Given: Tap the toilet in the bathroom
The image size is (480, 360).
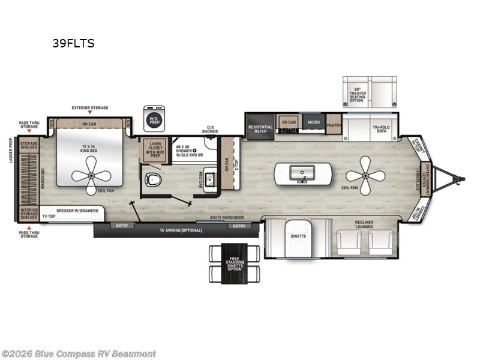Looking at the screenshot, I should pyautogui.click(x=155, y=178).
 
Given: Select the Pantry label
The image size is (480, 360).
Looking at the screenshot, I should pyautogui.click(x=334, y=127).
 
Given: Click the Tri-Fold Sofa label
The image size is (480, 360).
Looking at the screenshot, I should pyautogui.click(x=380, y=130).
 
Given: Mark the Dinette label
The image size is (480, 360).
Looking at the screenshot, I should pyautogui.click(x=299, y=236).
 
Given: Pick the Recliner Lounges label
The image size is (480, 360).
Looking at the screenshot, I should pyautogui.click(x=364, y=224).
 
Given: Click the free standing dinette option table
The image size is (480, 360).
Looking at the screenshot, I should pyautogui.click(x=235, y=264).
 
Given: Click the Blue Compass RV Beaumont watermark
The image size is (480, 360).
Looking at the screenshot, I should pyautogui.click(x=79, y=353).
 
